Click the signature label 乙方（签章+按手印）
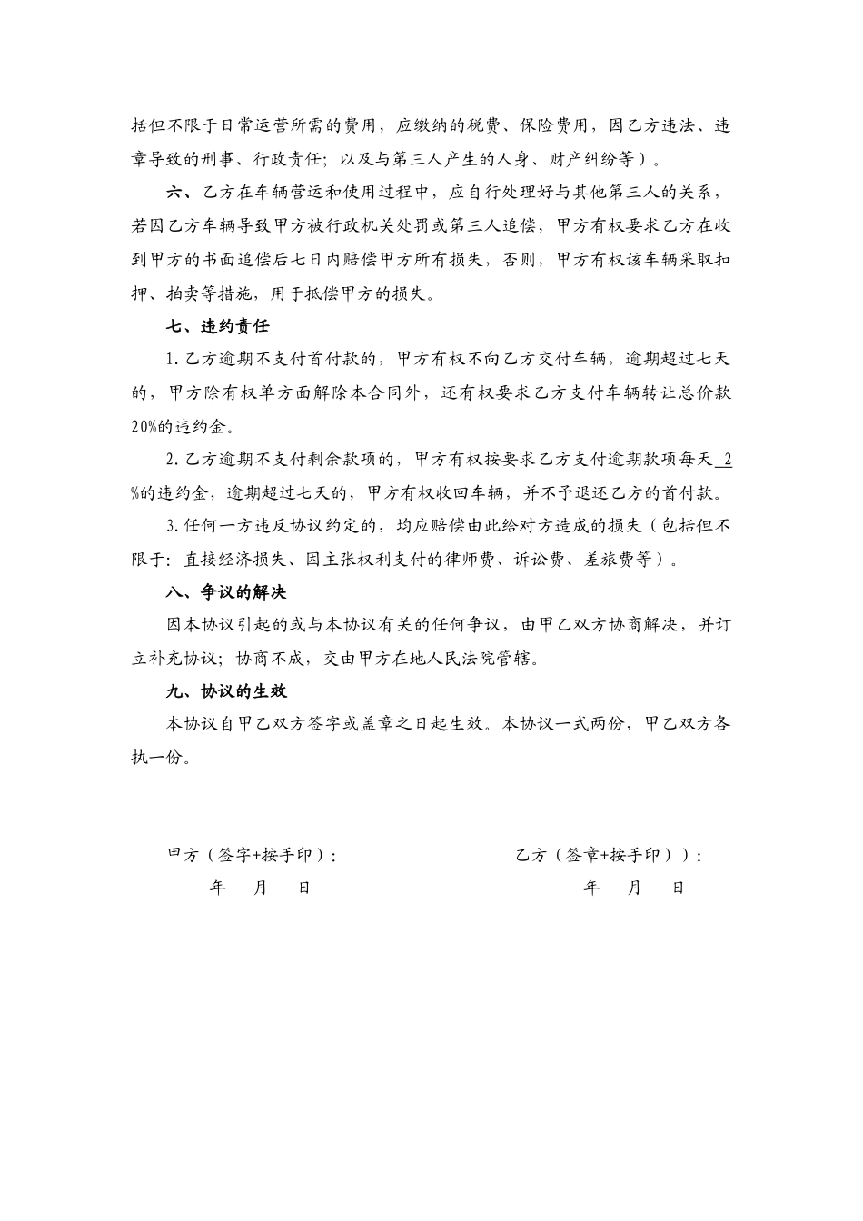[607, 856]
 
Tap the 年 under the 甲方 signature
[217, 888]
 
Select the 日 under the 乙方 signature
[678, 888]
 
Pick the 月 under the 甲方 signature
[260, 888]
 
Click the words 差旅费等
[629, 560]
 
